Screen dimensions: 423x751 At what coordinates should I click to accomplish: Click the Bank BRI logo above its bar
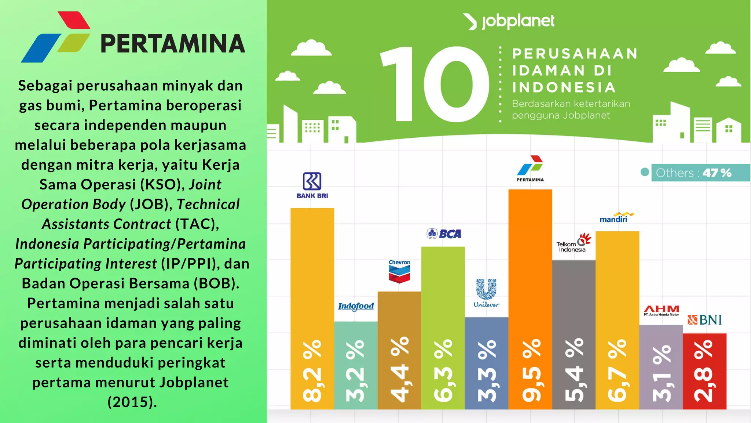(x=312, y=185)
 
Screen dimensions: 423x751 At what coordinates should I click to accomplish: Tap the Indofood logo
(x=356, y=306)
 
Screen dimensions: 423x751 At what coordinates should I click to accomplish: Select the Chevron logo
(x=399, y=271)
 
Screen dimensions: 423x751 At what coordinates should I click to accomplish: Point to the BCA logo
(x=444, y=234)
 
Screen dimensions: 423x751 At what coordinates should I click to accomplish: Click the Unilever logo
(x=486, y=293)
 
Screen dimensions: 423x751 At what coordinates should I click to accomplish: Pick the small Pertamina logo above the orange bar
(x=530, y=169)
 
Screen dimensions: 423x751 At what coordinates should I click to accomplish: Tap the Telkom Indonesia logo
(x=574, y=242)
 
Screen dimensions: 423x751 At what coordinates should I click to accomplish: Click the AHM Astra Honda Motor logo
(x=661, y=311)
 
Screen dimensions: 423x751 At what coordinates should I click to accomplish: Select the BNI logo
(x=704, y=320)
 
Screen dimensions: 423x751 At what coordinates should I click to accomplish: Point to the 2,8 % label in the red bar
(x=704, y=371)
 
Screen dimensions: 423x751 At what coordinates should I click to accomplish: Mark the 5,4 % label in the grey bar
(x=574, y=370)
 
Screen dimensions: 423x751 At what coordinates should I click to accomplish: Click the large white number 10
(x=435, y=84)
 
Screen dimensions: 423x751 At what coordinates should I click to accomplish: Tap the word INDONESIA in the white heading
(x=564, y=87)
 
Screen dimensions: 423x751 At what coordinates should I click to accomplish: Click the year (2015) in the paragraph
(x=132, y=402)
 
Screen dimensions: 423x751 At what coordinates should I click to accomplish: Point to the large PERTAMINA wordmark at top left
(x=172, y=44)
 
